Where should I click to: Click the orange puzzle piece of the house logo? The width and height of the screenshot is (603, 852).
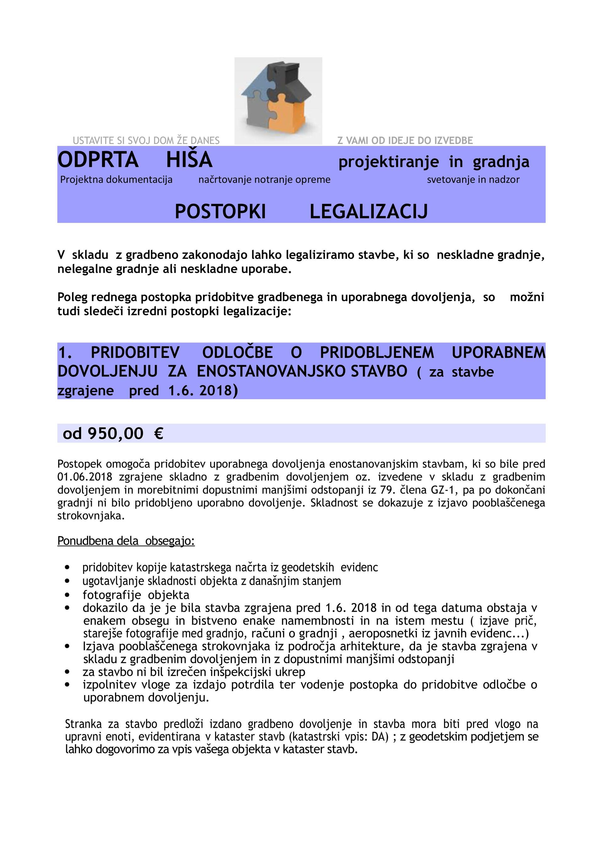[288, 117]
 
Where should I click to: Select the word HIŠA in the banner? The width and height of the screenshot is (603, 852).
[189, 160]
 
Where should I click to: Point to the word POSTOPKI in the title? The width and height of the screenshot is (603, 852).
[220, 212]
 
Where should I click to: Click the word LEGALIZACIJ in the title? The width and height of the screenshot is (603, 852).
[369, 212]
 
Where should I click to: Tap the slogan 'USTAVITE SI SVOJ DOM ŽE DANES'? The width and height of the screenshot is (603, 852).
[146, 141]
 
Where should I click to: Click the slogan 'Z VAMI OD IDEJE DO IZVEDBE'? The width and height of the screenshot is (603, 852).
[405, 141]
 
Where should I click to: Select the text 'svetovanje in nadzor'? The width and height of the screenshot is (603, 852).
[473, 180]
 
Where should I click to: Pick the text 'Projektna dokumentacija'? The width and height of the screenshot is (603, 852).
[116, 180]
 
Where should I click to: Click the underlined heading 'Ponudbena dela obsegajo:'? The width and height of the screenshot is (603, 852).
[126, 541]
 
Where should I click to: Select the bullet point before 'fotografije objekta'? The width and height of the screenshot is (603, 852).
[67, 595]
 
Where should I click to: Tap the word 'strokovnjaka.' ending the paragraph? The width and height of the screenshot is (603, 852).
[91, 516]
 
